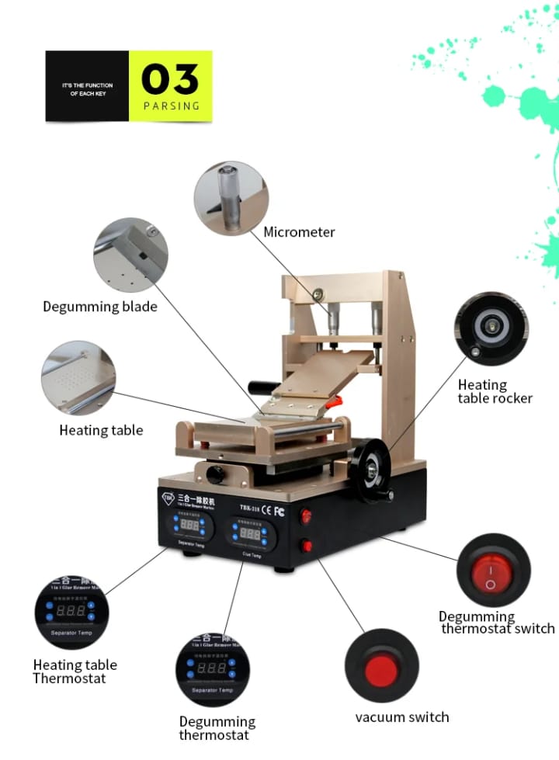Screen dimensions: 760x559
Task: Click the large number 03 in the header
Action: click(170, 79)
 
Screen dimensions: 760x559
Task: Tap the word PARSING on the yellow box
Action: click(171, 106)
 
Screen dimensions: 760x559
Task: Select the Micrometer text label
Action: click(299, 232)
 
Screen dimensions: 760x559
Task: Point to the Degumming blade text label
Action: click(100, 307)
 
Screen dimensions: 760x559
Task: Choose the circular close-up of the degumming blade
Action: click(130, 255)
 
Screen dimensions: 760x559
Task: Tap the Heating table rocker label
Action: click(495, 391)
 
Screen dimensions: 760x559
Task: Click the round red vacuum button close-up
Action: click(381, 666)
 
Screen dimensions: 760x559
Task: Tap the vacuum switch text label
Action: click(402, 717)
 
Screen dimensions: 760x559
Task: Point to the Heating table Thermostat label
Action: click(75, 672)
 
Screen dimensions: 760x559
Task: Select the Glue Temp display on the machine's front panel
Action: click(250, 535)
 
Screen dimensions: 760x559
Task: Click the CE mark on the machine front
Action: click(266, 510)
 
